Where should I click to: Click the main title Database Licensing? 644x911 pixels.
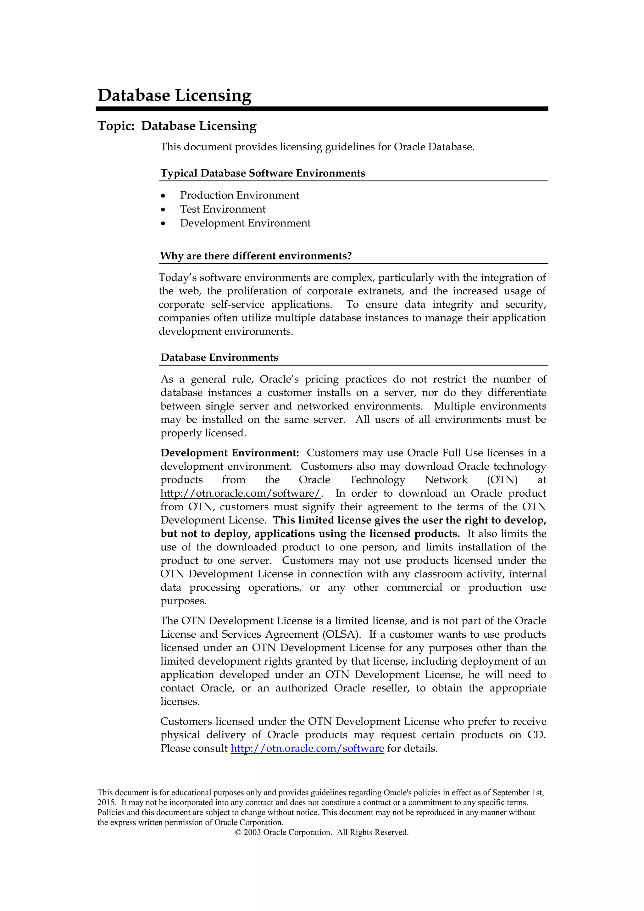click(174, 95)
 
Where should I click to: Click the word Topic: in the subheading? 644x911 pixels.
click(116, 126)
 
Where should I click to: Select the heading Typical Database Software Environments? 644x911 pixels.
click(263, 173)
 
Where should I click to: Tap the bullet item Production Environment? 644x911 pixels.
click(240, 195)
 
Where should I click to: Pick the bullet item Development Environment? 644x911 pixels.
click(245, 223)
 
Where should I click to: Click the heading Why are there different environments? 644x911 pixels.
click(256, 256)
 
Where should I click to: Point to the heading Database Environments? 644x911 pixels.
click(219, 357)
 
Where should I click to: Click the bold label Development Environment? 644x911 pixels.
click(230, 453)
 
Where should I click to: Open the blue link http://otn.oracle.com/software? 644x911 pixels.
click(307, 748)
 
